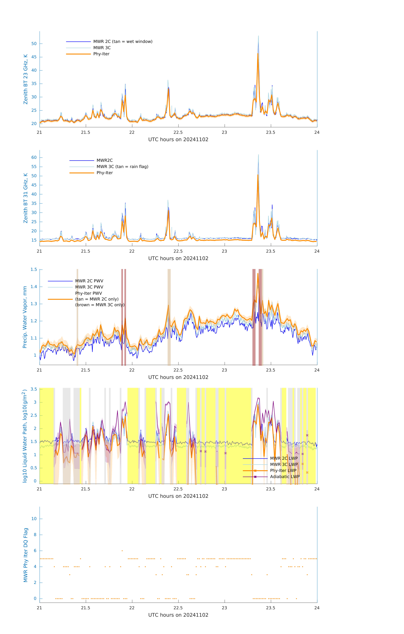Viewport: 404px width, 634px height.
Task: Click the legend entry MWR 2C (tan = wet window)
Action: coord(123,42)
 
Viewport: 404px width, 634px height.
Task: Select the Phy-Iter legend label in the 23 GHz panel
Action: coord(101,54)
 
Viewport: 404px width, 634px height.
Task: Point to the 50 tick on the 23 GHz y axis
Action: coord(34,44)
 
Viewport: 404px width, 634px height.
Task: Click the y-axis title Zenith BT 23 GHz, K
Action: coord(26,79)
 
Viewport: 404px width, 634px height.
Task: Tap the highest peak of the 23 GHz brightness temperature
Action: coord(258,36)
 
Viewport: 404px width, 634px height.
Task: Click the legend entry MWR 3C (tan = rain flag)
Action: coord(122,167)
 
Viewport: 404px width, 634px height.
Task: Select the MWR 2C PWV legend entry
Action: coord(89,281)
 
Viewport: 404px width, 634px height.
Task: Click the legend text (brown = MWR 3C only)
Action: coord(100,305)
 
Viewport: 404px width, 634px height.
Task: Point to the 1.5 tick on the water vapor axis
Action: coord(34,270)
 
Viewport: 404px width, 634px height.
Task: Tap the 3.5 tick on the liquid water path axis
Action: coord(34,389)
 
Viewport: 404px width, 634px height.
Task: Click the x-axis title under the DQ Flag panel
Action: coord(178,615)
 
